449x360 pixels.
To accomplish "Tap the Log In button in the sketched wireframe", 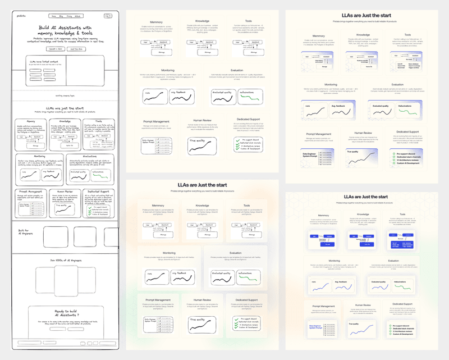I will click(x=107, y=16).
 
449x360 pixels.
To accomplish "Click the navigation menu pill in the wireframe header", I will click(x=65, y=16).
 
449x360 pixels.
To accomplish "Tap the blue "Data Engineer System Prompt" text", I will click(x=318, y=326).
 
